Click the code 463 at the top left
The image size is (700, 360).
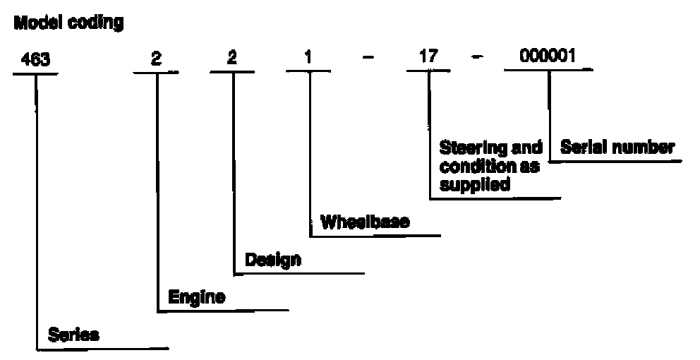(x=36, y=59)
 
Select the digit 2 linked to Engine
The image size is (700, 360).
(x=156, y=59)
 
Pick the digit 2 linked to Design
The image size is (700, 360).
(x=231, y=59)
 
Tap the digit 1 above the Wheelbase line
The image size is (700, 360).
(x=308, y=59)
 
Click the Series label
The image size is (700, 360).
(x=73, y=335)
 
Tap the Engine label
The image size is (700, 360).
(x=197, y=297)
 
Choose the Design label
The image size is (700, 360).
(x=273, y=260)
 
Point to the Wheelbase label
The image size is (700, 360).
(x=366, y=222)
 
